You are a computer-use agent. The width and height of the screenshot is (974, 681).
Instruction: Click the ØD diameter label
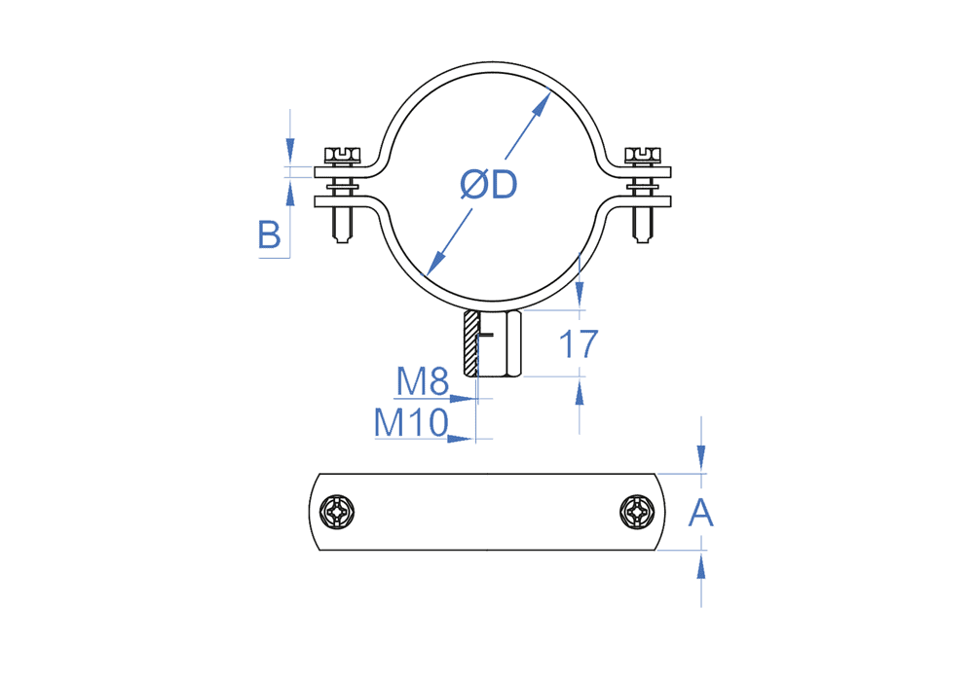tap(489, 184)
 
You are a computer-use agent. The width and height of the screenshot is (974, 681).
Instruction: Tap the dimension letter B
tap(270, 235)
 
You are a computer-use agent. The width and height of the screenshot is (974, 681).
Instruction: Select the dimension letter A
tap(701, 512)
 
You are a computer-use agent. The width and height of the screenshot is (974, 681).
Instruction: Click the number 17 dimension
tap(577, 343)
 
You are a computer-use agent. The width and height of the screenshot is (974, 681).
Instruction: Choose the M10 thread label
tap(410, 422)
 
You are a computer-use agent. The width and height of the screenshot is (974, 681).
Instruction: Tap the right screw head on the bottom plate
tap(637, 512)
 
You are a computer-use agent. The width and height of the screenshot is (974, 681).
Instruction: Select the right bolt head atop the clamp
tap(642, 153)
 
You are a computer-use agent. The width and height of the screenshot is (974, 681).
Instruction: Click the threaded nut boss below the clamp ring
tap(495, 344)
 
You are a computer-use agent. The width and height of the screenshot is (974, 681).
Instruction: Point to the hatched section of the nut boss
tap(471, 344)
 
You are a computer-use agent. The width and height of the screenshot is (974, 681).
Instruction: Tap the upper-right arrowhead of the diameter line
tap(543, 102)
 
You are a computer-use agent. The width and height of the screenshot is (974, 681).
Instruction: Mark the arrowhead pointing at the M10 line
tap(459, 439)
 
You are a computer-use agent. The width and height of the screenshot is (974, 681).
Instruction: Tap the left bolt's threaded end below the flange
tap(342, 226)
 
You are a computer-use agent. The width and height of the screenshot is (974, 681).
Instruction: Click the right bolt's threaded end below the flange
tap(642, 226)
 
